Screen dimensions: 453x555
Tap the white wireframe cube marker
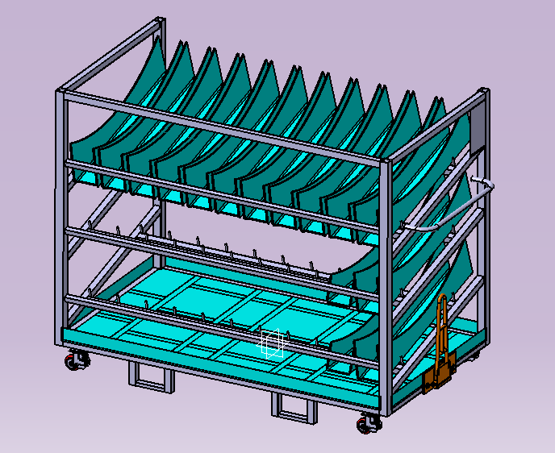(x=272, y=344)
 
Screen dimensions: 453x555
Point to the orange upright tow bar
(x=442, y=330)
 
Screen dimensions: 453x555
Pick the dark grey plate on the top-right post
(x=477, y=129)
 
